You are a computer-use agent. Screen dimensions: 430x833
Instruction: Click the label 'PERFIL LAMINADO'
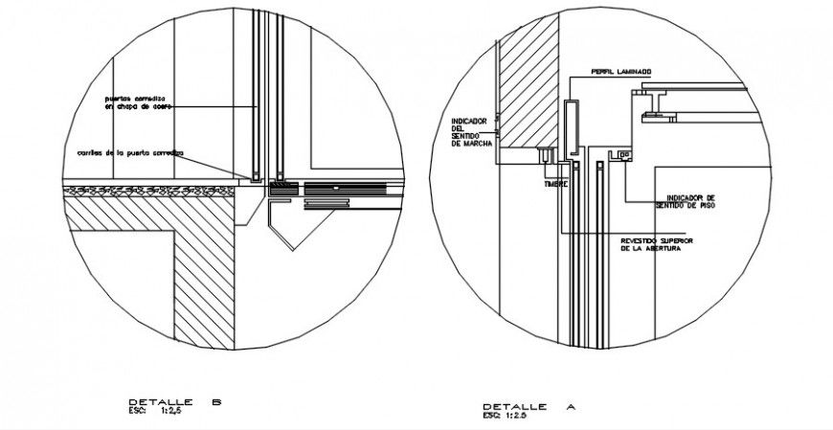pos(621,71)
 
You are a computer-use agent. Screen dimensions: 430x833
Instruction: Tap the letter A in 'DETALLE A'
pos(571,407)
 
